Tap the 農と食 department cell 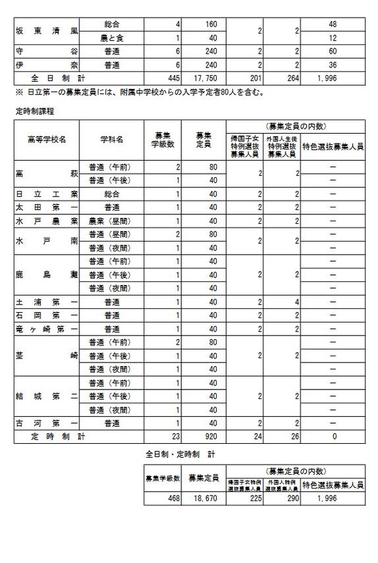point(111,37)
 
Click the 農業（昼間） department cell point(111,220)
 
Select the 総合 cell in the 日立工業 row point(111,194)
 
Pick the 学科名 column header point(111,139)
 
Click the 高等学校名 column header point(47,139)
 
